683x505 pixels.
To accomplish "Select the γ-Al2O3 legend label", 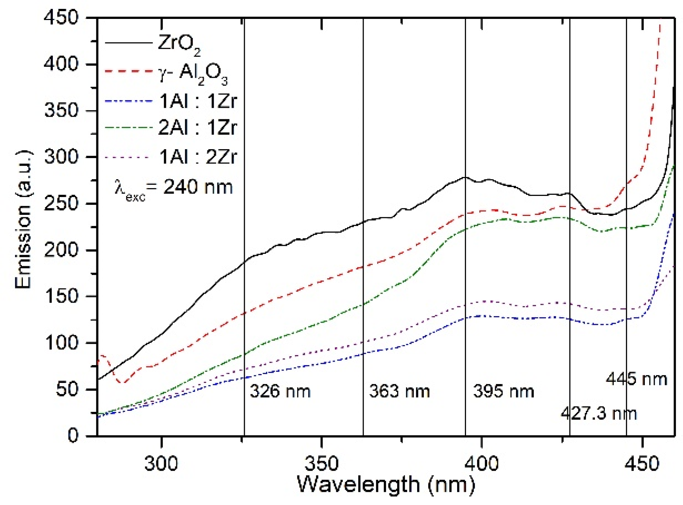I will coord(193,74).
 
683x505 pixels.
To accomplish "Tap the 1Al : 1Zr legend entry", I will coord(198,101).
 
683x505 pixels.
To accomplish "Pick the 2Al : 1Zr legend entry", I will coord(198,127).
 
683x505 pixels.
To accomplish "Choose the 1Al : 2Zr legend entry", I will coord(198,157).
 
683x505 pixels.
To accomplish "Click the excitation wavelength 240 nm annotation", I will coord(174,188).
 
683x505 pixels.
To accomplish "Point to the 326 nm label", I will coord(280,392).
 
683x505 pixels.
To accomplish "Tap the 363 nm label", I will coord(399,392).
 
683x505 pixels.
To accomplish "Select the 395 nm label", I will coord(504,392).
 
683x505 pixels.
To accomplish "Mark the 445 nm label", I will coord(637,379).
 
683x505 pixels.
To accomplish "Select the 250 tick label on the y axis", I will coord(61,204).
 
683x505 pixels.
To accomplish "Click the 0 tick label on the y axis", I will coord(73,436).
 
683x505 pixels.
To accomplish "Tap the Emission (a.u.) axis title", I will coord(24,220).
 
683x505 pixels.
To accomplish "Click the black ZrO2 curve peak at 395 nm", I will coord(465,177).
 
